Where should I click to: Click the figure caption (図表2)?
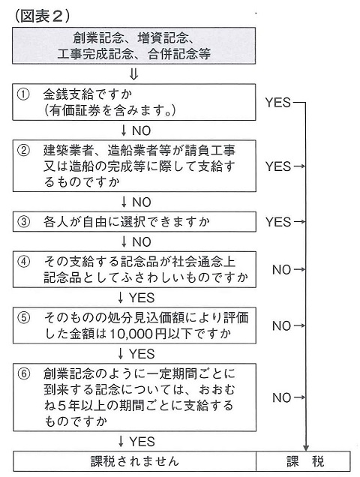pyautogui.click(x=42, y=16)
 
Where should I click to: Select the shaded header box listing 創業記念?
pyautogui.click(x=134, y=46)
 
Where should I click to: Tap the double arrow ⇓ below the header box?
pyautogui.click(x=133, y=74)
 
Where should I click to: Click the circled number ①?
pyautogui.click(x=23, y=94)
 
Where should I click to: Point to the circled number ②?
pyautogui.click(x=23, y=150)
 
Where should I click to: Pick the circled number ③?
pyautogui.click(x=23, y=222)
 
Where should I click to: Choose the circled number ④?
pyautogui.click(x=23, y=262)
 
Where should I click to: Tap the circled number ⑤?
pyautogui.click(x=23, y=318)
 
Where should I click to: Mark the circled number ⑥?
pyautogui.click(x=23, y=373)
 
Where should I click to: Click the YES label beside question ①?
pyautogui.click(x=278, y=103)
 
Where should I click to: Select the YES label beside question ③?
pyautogui.click(x=278, y=222)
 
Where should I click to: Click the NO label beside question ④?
pyautogui.click(x=281, y=269)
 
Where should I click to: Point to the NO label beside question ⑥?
pyautogui.click(x=281, y=397)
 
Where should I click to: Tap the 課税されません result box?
pyautogui.click(x=134, y=461)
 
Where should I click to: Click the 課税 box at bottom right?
pyautogui.click(x=303, y=461)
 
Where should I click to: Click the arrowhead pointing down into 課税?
pyautogui.click(x=306, y=448)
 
